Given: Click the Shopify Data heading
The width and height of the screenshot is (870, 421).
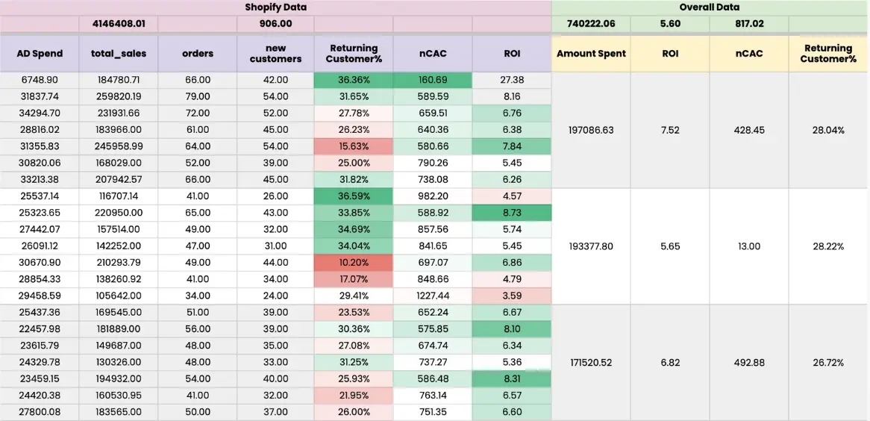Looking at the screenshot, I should tap(275, 7).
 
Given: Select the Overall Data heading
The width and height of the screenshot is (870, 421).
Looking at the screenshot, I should tap(710, 7).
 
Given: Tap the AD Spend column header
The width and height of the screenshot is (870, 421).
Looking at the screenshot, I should tap(40, 54).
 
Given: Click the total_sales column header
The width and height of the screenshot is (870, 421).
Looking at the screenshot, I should tap(119, 54).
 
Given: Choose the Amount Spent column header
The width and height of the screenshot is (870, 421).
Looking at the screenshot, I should tap(591, 54).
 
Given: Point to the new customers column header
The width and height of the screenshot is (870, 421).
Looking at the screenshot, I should tap(275, 54).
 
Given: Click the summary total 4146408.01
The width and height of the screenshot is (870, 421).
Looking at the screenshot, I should tap(119, 24).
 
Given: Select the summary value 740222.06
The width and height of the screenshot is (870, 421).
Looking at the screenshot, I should tap(591, 24).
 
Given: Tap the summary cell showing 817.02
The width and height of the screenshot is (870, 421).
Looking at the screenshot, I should tap(748, 24).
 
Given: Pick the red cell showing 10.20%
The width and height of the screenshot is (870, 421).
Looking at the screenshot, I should tap(354, 263).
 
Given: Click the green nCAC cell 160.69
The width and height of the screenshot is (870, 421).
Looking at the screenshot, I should tap(433, 80).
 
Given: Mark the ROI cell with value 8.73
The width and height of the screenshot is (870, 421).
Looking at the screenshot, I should tap(512, 213).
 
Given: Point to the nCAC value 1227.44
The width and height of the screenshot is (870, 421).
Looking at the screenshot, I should tap(433, 296).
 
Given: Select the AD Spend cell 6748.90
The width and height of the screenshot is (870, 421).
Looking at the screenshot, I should tap(40, 80).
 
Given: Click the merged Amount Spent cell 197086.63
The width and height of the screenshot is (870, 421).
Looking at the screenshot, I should tap(591, 130).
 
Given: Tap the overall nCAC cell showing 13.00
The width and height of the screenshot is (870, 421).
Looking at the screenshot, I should tap(748, 246).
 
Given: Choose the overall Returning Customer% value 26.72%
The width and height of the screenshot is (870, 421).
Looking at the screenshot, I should tap(828, 363).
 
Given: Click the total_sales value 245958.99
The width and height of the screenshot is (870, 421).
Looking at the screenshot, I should tap(119, 146).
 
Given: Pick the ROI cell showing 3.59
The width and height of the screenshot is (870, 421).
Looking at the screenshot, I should tap(512, 296).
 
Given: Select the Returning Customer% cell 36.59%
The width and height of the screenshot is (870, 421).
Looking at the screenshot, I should tap(354, 196).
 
